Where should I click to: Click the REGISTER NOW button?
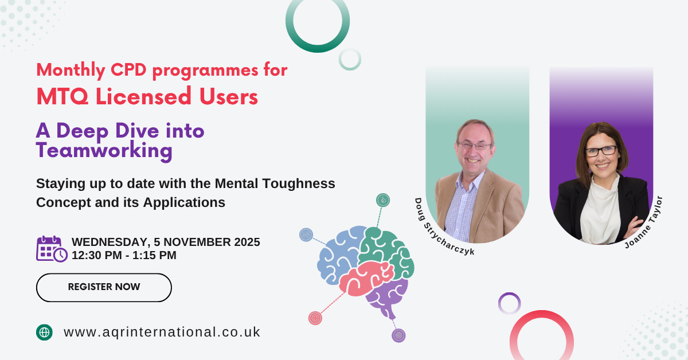(104, 288)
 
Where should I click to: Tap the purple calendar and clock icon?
(52, 249)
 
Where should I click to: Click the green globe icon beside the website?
(44, 332)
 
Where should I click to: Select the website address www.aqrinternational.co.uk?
(162, 332)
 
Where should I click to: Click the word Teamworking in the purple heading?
(104, 151)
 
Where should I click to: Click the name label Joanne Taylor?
(644, 222)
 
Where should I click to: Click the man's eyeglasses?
(475, 146)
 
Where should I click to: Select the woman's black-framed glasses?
(601, 151)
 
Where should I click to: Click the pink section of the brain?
(366, 278)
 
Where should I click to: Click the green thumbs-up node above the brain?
(383, 200)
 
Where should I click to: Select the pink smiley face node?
(315, 318)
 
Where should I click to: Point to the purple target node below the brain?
(398, 335)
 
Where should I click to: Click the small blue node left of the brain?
(306, 235)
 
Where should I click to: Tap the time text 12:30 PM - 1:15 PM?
(124, 255)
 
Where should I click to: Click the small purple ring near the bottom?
(509, 294)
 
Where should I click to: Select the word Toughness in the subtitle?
(299, 183)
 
